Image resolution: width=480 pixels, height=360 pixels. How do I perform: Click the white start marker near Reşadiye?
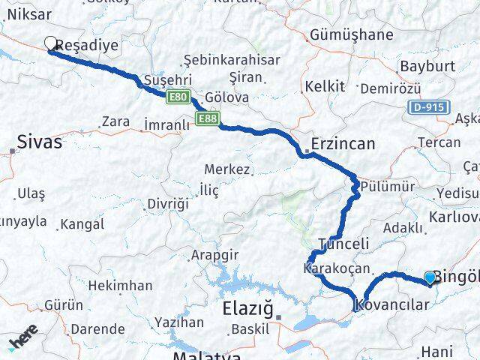coord(51,43)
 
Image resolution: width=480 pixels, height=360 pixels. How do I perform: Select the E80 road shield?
coord(178,97)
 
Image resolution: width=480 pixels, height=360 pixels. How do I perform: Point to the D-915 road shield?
coord(427,107)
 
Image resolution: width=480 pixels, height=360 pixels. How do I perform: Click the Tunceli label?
coord(344,244)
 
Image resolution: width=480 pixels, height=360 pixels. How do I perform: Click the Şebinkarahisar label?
coord(232,61)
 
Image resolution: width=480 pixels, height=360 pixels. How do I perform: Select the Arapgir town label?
coord(215,255)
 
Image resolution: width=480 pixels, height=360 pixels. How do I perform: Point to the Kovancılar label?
coord(391,304)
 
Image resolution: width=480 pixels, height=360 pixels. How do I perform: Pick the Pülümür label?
coord(384,185)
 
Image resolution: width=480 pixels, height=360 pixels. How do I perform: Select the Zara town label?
coord(115,121)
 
